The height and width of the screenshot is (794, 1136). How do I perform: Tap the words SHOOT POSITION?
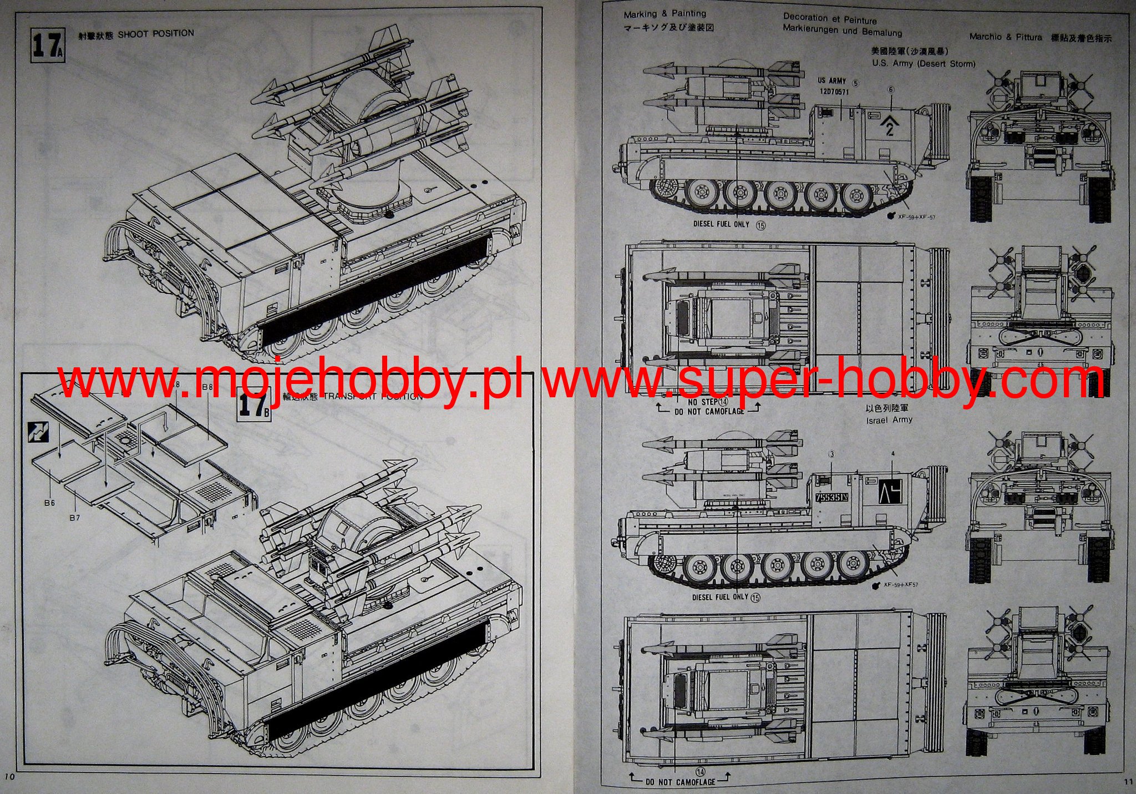pos(156,34)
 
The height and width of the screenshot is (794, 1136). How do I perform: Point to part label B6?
pos(50,503)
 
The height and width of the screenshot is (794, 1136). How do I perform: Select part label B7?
pos(75,517)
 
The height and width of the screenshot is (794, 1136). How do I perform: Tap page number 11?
pos(1128,781)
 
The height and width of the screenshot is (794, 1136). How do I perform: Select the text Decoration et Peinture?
pos(830,19)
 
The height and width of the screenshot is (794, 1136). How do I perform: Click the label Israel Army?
pos(889,420)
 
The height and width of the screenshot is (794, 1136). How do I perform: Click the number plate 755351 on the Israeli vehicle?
pos(832,498)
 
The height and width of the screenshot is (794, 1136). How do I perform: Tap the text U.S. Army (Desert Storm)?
pos(924,63)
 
